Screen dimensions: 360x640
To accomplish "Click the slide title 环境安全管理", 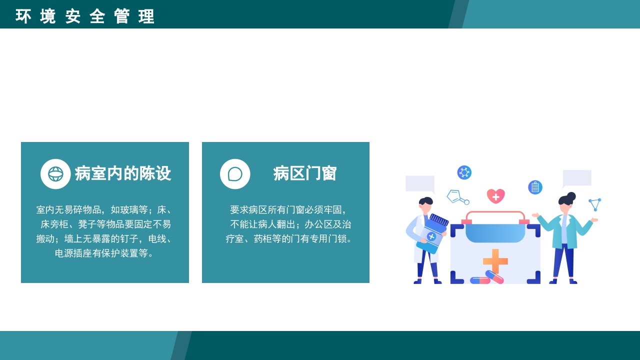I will [85, 16].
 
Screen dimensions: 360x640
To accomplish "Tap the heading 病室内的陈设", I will [123, 174].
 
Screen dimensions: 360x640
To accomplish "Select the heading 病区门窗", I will [305, 174].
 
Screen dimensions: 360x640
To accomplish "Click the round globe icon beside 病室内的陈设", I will [55, 174].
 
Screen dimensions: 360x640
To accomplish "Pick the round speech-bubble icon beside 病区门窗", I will [235, 174].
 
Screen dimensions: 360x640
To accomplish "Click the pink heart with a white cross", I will [495, 196].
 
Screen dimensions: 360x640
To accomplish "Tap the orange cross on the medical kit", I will [495, 261].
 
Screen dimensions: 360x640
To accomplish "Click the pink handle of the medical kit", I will [495, 216].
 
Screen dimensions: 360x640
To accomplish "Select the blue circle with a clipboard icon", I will [535, 187].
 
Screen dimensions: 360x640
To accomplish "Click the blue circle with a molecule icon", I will [464, 172].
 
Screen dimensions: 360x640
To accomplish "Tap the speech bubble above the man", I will [420, 183].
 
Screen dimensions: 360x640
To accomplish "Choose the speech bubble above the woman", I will [577, 178].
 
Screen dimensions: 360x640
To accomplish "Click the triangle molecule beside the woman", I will [595, 204].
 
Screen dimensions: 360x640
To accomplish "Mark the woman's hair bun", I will [571, 196].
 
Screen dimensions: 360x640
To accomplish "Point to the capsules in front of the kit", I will [487, 278].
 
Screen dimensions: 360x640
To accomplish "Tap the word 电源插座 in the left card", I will [73, 253].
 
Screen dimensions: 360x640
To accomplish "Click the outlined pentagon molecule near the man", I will [454, 196].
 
